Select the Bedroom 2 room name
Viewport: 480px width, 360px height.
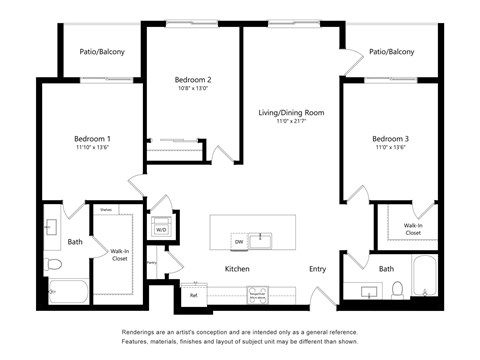(x=193, y=79)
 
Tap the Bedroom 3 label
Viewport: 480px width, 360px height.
(x=391, y=138)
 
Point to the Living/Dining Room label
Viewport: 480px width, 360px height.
(x=291, y=112)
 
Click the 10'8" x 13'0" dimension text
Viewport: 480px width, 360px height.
(x=193, y=89)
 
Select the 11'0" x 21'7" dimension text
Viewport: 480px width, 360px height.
(x=291, y=122)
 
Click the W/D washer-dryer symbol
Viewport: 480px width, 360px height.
(x=159, y=229)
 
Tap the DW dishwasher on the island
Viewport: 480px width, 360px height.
(x=238, y=241)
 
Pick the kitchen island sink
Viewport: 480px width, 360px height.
(x=262, y=240)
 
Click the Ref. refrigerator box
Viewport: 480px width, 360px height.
(x=192, y=295)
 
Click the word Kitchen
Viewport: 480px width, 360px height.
(x=237, y=269)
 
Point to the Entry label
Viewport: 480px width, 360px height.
(x=318, y=269)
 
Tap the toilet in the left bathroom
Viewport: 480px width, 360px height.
(x=55, y=264)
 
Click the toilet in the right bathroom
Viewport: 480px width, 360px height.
(x=397, y=290)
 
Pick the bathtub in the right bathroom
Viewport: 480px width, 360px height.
(x=425, y=278)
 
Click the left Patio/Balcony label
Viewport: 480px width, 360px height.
(x=102, y=52)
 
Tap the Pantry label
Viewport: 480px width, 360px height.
(x=151, y=263)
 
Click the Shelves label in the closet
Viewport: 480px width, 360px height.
(x=105, y=210)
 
